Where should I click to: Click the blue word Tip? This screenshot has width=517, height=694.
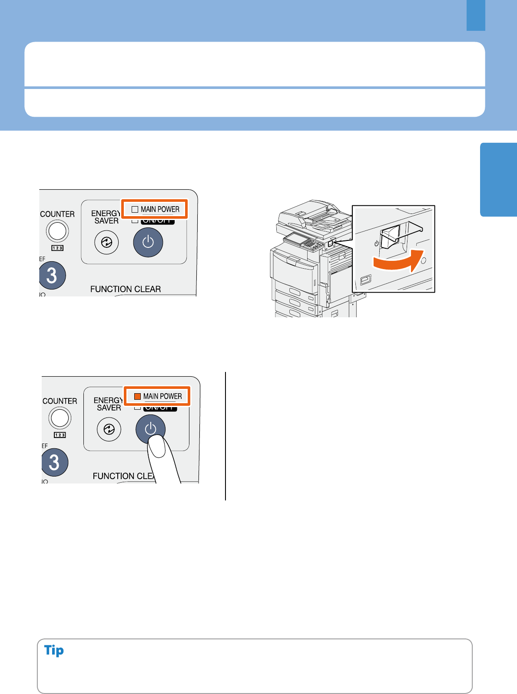coord(54,650)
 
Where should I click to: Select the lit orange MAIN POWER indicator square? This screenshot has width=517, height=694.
coord(137,396)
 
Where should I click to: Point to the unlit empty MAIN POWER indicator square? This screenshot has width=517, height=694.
coord(135,209)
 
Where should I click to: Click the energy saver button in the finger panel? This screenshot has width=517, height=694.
coord(109,429)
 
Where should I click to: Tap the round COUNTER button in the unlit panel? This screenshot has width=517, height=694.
coord(57,230)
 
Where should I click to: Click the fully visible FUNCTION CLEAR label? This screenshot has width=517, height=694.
coord(126,289)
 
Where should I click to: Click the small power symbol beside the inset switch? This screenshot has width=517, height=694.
coord(376,243)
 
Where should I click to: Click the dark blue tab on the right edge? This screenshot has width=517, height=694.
coord(498,179)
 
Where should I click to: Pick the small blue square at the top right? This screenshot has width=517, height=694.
coord(476,15)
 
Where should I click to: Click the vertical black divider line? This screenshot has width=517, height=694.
coord(225,436)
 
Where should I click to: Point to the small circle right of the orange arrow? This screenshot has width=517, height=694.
coord(424,260)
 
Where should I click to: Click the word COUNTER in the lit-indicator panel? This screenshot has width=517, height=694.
coord(60,401)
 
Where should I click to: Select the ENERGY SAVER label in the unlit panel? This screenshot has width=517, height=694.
coord(106,217)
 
